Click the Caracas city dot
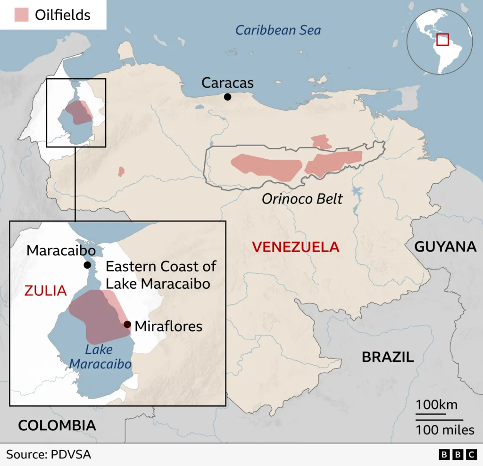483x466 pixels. click(x=227, y=97)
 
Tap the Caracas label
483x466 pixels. click(x=227, y=83)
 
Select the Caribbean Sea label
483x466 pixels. click(x=278, y=31)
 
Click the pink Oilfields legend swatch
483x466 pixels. click(x=22, y=15)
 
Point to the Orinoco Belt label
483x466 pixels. click(x=302, y=199)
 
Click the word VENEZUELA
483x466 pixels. click(x=296, y=246)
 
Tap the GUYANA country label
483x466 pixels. click(x=445, y=246)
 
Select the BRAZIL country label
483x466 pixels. click(x=388, y=357)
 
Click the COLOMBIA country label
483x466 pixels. click(x=57, y=425)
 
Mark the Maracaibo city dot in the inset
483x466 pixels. click(x=87, y=265)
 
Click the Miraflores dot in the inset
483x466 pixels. click(x=127, y=324)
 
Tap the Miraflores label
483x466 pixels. click(x=168, y=326)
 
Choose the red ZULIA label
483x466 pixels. click(x=45, y=291)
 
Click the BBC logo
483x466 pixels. click(x=458, y=455)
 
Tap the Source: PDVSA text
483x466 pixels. click(x=49, y=455)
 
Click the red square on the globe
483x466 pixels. click(x=442, y=39)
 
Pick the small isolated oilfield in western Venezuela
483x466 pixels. click(x=121, y=171)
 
